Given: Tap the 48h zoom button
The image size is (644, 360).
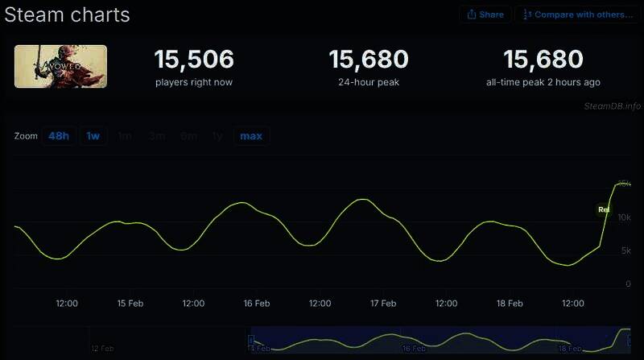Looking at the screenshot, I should click(59, 135).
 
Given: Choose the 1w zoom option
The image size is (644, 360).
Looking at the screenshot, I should click(93, 135).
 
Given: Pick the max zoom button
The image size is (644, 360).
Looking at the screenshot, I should click(251, 135).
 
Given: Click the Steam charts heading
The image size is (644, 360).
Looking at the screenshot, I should click(67, 14).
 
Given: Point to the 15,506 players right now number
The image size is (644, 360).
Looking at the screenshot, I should click(194, 59).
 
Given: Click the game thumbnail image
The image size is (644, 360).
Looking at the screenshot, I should click(60, 66).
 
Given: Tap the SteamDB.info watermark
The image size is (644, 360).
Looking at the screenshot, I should click(613, 106).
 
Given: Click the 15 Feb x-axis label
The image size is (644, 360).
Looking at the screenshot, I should click(130, 304).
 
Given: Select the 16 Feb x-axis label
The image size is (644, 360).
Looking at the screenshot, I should click(257, 304).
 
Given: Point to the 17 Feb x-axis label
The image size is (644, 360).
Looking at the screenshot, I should click(383, 304).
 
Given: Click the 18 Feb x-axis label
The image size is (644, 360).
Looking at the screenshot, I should click(510, 304).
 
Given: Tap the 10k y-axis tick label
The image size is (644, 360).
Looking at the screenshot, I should click(623, 217).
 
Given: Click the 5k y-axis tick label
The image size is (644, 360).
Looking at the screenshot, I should click(625, 250).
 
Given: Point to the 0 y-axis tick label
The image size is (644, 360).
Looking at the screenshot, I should click(628, 283).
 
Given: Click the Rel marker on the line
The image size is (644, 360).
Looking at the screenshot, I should click(604, 209).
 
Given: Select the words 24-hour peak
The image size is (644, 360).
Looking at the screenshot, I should click(369, 82).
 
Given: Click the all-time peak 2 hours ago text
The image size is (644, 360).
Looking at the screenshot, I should click(543, 82).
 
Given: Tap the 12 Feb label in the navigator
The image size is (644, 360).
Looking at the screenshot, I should click(102, 349).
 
